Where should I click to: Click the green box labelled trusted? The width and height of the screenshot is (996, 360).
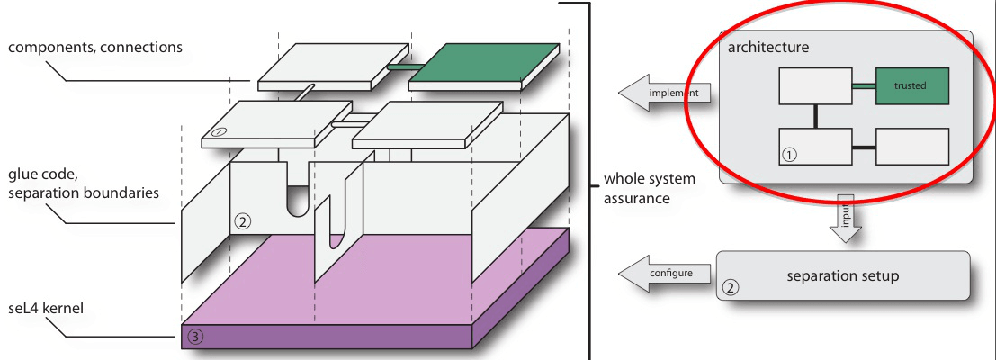911,85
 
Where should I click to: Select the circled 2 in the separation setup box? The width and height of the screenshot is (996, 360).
731,288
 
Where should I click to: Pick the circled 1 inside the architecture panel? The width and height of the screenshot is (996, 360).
790,154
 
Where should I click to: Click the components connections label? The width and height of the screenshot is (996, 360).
97,47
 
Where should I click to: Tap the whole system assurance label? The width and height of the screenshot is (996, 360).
646,188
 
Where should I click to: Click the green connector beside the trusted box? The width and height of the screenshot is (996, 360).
863,86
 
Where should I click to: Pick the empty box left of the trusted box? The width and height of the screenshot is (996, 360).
814,86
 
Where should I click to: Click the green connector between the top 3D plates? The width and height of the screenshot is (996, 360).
396,66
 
